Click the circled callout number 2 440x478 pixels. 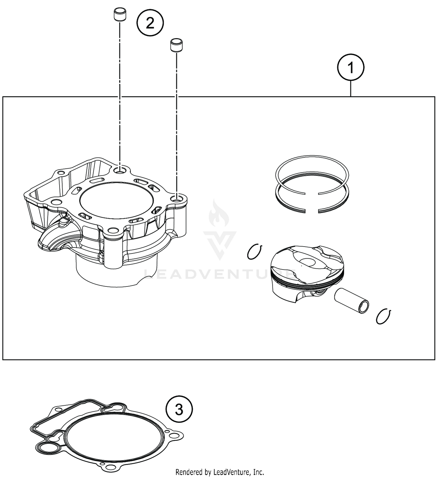pyautogui.click(x=150, y=23)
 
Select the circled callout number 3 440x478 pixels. pyautogui.click(x=179, y=409)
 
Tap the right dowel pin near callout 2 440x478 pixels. pyautogui.click(x=176, y=45)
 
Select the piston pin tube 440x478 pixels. pyautogui.click(x=351, y=301)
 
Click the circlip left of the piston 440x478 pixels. pyautogui.click(x=254, y=252)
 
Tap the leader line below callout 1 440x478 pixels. pyautogui.click(x=351, y=88)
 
